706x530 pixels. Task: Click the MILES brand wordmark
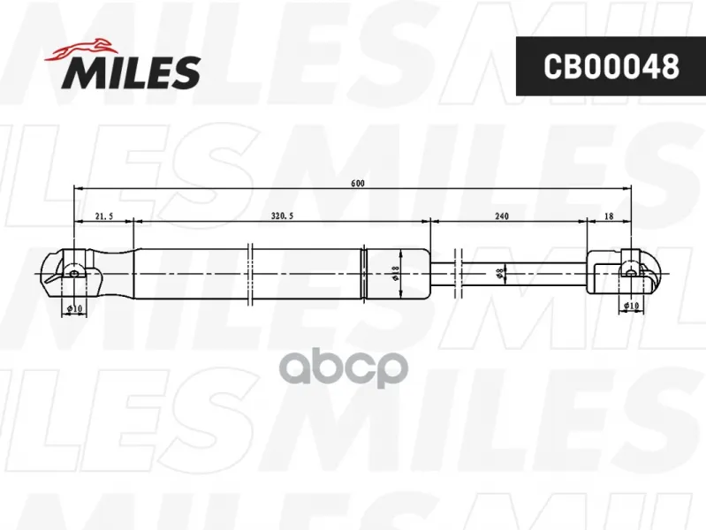pos(131,72)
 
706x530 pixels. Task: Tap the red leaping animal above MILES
pos(81,50)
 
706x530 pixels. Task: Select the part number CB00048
pos(611,66)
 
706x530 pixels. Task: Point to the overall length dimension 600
pos(358,183)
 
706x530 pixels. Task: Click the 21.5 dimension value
pos(104,216)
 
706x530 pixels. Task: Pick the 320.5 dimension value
pos(282,216)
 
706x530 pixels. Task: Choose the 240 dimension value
pos(502,216)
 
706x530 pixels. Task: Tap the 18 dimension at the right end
pos(609,216)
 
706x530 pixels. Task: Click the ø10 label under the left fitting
pos(74,308)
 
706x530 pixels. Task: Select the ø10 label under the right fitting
pos(631,306)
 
